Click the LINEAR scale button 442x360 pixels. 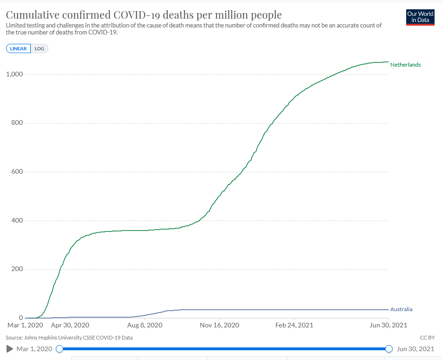(x=19, y=48)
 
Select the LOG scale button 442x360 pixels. (x=39, y=48)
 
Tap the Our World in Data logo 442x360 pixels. (x=420, y=17)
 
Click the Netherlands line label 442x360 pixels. (x=405, y=65)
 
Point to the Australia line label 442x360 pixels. (x=401, y=309)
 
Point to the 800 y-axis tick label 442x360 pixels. (x=18, y=123)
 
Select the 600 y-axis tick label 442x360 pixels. (x=18, y=172)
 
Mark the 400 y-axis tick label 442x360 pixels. (x=18, y=220)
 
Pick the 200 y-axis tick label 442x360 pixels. (x=18, y=269)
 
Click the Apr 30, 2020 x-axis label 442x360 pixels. (x=70, y=325)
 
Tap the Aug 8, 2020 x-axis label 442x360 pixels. (x=145, y=325)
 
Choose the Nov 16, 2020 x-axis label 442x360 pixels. (x=220, y=325)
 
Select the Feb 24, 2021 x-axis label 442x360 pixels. (x=295, y=325)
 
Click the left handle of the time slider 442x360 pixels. (x=60, y=349)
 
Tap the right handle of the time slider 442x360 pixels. (x=389, y=349)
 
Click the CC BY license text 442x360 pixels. (x=427, y=337)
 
